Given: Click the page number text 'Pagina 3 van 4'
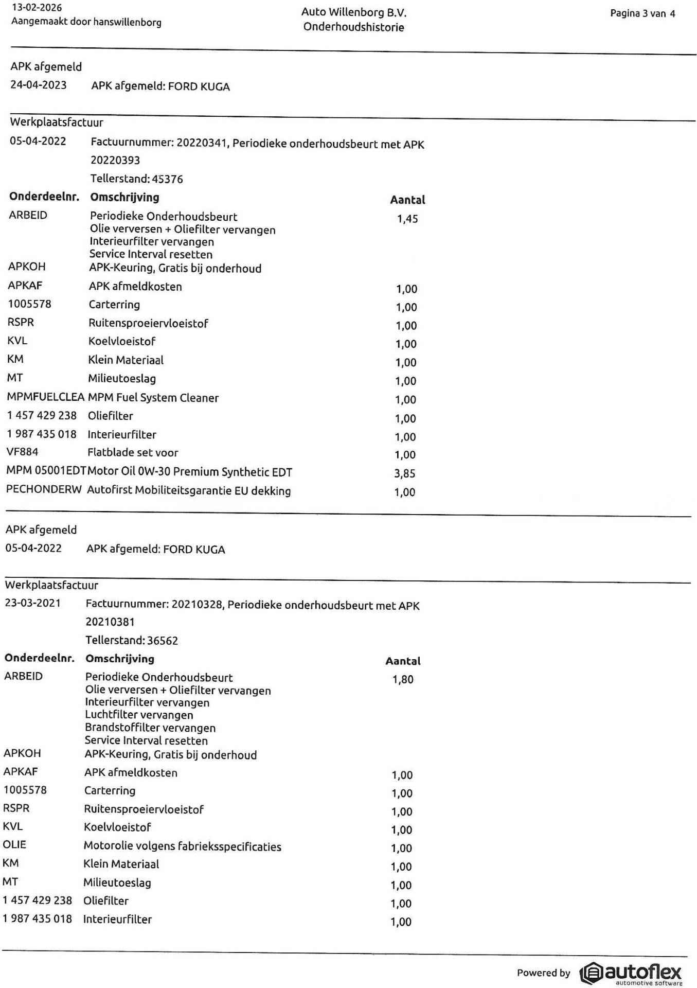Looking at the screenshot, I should point(642,14).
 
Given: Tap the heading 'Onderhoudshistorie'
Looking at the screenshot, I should point(353,27).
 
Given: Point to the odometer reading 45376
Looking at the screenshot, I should point(167,179).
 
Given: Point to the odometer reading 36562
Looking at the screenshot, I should point(163,641).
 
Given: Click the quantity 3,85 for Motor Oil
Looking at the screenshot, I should point(405,473).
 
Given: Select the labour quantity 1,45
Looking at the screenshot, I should point(407,219).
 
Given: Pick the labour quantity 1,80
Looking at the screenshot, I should point(403,679).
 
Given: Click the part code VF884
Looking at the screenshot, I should point(22,452).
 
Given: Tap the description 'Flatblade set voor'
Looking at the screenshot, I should point(133,453).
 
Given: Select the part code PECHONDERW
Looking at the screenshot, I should point(44,489).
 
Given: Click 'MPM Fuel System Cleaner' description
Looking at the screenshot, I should point(153,398).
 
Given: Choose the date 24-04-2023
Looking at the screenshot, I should point(39,85).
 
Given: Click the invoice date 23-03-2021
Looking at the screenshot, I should point(33,603).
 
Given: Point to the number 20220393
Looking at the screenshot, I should point(115,160).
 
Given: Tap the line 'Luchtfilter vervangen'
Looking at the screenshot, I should point(139,715).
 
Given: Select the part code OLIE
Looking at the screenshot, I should point(14,844).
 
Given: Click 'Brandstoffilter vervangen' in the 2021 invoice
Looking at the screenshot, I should point(150,728).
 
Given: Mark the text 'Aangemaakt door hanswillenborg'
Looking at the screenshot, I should point(86,22).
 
